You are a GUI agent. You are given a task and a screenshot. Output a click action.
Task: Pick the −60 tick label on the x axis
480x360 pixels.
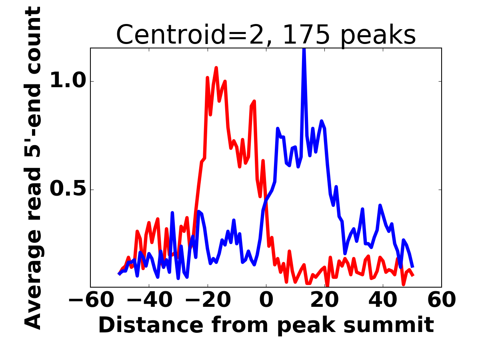(91, 300)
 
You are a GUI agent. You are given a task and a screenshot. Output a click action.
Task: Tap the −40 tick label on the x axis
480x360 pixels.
(149, 300)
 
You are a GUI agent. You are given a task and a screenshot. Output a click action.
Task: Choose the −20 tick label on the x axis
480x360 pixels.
(208, 300)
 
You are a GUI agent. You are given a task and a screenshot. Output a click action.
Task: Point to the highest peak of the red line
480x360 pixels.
(216, 68)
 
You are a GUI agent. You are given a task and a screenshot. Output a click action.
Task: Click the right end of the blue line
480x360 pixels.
(412, 267)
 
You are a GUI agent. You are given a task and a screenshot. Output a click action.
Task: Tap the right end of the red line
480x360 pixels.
(412, 275)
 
